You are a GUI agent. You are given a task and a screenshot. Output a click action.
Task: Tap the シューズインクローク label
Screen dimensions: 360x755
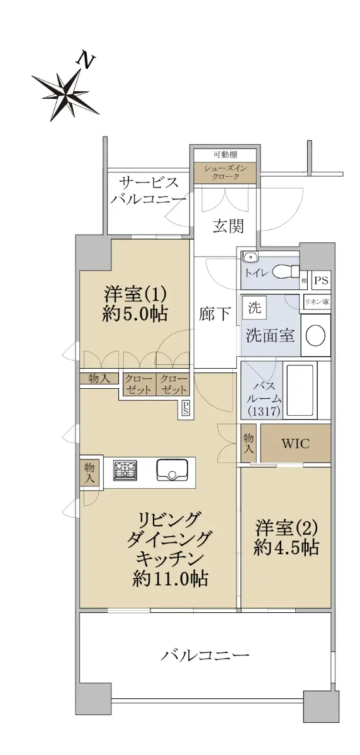225,172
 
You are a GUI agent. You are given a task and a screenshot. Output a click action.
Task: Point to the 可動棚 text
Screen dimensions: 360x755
225,154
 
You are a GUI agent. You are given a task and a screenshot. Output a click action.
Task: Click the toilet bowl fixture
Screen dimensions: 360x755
286,271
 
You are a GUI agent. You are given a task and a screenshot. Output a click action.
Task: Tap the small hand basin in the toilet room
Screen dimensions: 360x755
250,257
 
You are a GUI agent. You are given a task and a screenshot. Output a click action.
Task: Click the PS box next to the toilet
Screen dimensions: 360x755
321,280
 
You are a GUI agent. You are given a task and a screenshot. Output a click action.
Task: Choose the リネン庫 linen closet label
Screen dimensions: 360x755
317,301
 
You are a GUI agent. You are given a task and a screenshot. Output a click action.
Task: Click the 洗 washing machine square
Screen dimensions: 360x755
254,307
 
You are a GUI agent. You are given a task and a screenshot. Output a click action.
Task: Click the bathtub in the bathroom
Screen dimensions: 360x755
301,389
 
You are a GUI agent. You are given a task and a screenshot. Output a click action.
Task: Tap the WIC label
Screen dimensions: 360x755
295,443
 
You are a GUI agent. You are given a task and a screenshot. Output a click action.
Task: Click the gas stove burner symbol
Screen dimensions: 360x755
125,470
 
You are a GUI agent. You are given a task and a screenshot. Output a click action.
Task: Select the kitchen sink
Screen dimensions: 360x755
171,470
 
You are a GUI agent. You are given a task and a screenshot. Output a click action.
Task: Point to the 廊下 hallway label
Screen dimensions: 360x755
215,314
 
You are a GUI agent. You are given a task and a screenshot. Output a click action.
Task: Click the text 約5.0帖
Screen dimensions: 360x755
135,313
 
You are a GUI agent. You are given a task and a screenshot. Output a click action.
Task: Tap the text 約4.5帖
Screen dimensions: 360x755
286,547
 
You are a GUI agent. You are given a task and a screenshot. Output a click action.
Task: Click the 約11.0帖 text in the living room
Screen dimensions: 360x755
170,578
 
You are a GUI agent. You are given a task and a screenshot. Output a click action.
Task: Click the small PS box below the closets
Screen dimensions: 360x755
186,409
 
